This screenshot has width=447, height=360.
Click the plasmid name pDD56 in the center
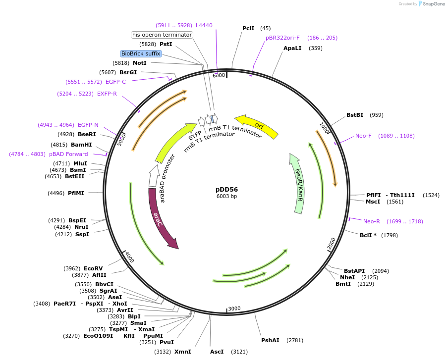pos(226,189)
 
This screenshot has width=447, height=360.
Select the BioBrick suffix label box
pos(141,53)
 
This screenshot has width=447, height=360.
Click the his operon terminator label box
pos(162,35)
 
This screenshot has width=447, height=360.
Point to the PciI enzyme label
pos(248,28)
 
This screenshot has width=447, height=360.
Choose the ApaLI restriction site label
pos(292,48)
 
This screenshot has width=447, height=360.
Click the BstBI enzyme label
pos(355,115)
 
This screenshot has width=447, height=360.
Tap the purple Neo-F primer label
pos(363,136)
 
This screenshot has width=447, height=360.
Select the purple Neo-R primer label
pos(371,221)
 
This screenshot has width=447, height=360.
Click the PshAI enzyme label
pos(271,340)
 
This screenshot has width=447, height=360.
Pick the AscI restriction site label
pos(217,352)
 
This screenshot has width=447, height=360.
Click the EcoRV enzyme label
pos(93,268)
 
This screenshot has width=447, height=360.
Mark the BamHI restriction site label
pos(81,145)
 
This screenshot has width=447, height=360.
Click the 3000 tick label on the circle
pos(234,309)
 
